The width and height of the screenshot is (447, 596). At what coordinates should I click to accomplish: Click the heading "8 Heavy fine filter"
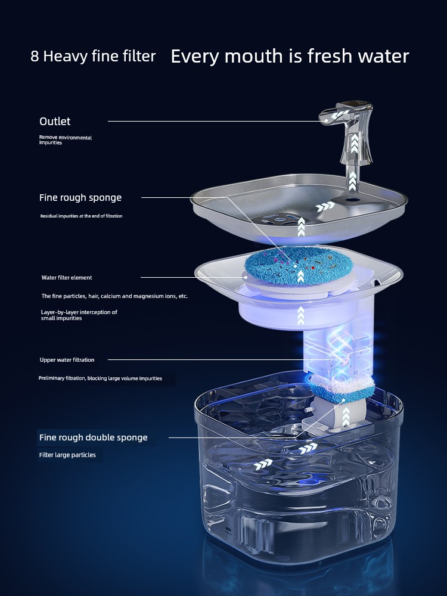[x=93, y=56]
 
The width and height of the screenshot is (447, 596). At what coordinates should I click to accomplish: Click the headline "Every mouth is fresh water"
[x=290, y=56]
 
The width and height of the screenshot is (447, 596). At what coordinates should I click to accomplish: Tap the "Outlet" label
[x=55, y=121]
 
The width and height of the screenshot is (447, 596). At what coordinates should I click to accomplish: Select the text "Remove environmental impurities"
[x=66, y=140]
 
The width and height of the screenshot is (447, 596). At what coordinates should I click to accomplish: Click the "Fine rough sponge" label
[x=80, y=198]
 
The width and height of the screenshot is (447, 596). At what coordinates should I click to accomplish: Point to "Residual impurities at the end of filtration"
[x=81, y=216]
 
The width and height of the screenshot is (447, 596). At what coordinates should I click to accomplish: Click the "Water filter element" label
[x=67, y=278]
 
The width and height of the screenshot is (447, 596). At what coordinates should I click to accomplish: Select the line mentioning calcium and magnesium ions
[x=114, y=296]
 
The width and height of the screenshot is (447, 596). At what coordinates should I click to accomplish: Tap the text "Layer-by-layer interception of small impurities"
[x=79, y=315]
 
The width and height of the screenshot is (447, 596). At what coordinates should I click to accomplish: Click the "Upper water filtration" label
[x=67, y=359]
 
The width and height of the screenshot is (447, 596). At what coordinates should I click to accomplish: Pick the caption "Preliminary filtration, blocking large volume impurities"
[x=100, y=378]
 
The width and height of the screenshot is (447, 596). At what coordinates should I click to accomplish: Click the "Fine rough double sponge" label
[x=93, y=437]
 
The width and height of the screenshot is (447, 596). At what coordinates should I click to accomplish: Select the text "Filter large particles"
[x=67, y=455]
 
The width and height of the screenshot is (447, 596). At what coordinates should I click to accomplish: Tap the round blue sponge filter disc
[x=299, y=266]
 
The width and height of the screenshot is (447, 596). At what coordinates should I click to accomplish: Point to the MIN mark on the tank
[x=228, y=529]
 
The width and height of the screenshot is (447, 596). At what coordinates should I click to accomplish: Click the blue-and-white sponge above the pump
[x=342, y=389]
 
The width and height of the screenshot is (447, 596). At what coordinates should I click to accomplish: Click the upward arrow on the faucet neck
[x=354, y=142]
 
